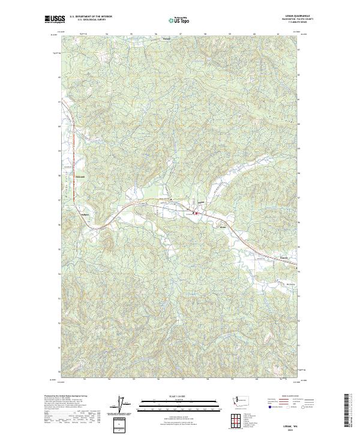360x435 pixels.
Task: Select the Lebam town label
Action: [202, 202]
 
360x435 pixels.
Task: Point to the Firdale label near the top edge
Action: [167, 40]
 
